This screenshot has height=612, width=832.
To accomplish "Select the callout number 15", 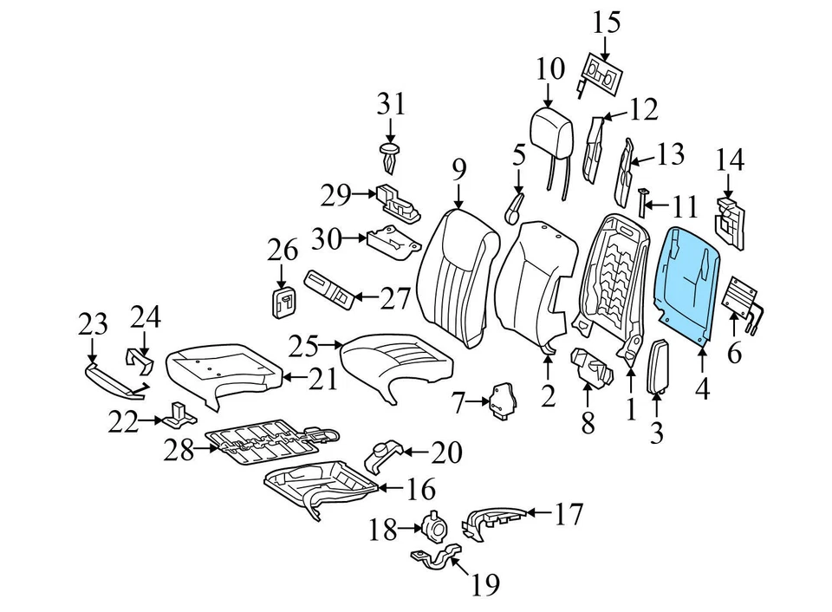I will coord(607,22).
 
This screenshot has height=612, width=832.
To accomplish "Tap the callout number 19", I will coord(485,587).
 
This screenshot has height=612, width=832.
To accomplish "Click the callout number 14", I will coord(730,160).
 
